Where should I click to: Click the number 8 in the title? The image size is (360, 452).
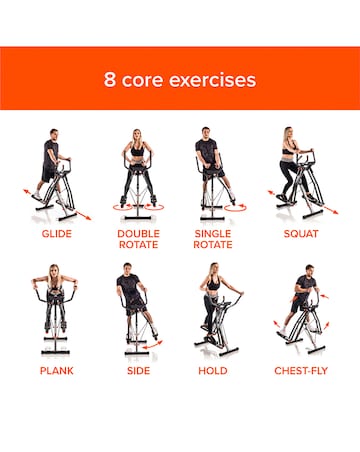click(111, 80)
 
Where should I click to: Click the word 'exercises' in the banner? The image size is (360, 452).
click(214, 80)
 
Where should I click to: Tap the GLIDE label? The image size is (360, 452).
click(57, 233)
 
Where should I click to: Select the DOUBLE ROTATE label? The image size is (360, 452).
click(138, 240)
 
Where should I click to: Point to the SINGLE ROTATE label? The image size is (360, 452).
click(212, 240)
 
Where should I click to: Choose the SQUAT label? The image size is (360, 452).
click(301, 233)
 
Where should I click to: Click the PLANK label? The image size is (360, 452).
click(57, 370)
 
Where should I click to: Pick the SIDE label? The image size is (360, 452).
click(138, 370)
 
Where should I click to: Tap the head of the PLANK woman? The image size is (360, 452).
click(56, 271)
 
